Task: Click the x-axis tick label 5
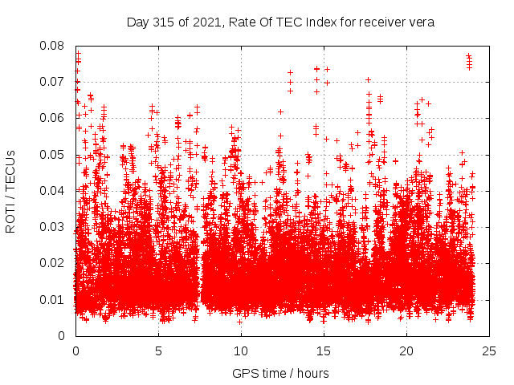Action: click(158, 351)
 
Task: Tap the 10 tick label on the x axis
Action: click(241, 351)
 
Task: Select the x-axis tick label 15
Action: click(324, 351)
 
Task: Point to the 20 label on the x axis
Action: click(406, 351)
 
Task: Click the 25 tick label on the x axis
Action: click(489, 351)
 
